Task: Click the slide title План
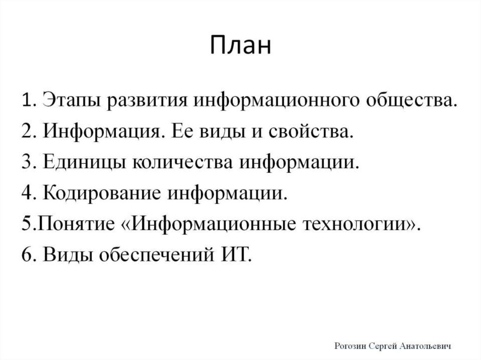(240, 46)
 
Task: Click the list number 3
(26, 163)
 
